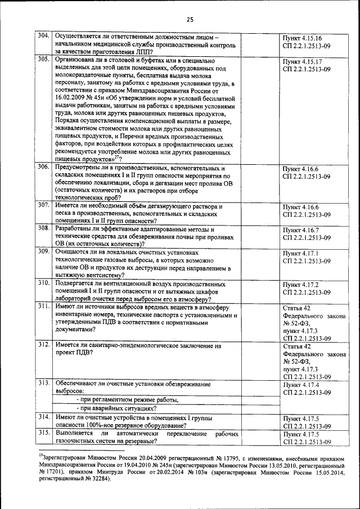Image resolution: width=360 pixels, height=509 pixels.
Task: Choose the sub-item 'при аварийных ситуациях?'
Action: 109,408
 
